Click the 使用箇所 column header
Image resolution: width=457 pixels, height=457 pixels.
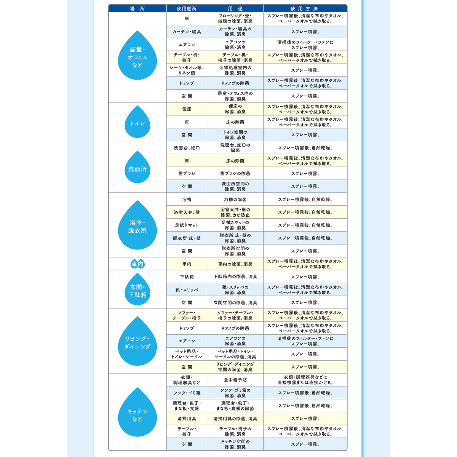(x=187, y=8)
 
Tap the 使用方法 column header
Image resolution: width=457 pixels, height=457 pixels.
(x=305, y=8)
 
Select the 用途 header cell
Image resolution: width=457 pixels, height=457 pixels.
(x=235, y=8)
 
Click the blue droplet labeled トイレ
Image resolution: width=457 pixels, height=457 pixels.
(x=137, y=122)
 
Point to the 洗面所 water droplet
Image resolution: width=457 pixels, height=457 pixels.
(x=137, y=168)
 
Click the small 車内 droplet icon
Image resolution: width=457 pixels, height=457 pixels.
(x=137, y=264)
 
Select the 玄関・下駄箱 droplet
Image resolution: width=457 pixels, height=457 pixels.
(x=137, y=290)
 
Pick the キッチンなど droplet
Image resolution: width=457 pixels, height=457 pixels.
(x=137, y=413)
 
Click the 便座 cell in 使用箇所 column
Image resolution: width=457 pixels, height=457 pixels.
(x=187, y=109)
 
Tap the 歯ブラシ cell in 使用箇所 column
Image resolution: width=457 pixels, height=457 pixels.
(x=187, y=174)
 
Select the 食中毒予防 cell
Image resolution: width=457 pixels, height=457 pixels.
(x=235, y=380)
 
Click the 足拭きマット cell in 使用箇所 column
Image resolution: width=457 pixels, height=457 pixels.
(x=187, y=225)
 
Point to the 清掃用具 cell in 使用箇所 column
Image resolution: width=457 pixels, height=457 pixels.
(x=187, y=419)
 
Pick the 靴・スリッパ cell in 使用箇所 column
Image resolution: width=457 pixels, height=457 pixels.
(x=187, y=290)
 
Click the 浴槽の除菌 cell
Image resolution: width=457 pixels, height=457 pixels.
(x=235, y=200)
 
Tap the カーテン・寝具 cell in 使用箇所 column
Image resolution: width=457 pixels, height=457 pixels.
(x=187, y=32)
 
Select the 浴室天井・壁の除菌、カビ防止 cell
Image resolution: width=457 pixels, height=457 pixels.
(x=235, y=213)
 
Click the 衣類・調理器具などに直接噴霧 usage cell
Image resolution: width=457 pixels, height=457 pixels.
(x=305, y=380)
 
